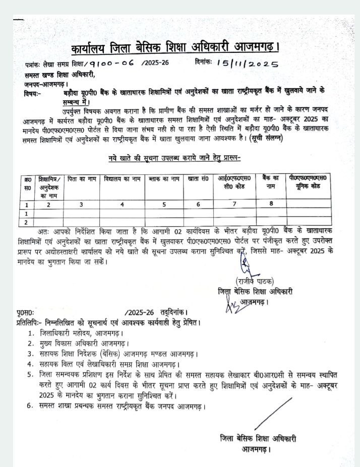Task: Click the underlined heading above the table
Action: tap(175, 158)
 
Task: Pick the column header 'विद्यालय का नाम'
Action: tap(123, 178)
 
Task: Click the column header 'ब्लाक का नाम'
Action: tap(164, 178)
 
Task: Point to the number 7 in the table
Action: tap(234, 204)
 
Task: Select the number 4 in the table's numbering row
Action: tap(122, 204)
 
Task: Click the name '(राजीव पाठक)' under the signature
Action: tap(255, 282)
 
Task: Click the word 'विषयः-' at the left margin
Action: tap(33, 94)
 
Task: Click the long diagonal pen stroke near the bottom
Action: tap(273, 414)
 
